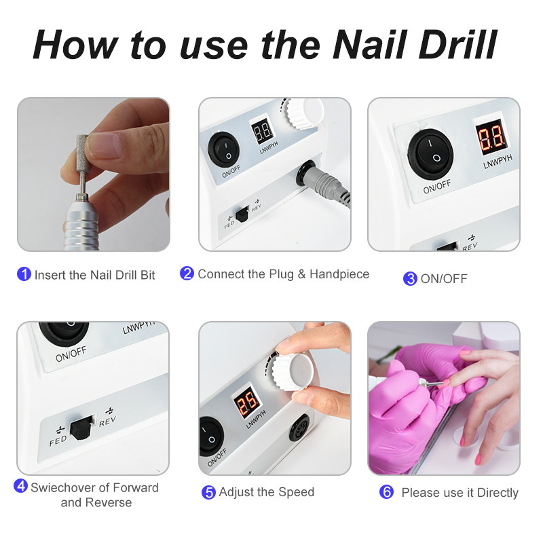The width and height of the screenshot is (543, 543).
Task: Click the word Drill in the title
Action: point(457,45)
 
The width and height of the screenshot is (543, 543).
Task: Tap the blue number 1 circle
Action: point(24,274)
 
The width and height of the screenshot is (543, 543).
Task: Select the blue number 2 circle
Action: point(187,274)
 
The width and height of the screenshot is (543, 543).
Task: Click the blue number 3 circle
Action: point(411,279)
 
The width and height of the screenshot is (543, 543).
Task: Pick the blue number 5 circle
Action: point(208,493)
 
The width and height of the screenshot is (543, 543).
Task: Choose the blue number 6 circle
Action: point(386,491)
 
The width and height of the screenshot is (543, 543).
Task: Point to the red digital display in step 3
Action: point(491,137)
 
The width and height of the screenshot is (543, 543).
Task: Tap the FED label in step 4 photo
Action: point(58,441)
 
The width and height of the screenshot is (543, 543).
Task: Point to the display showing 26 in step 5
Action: point(246,402)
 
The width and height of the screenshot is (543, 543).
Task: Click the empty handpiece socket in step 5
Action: point(299,428)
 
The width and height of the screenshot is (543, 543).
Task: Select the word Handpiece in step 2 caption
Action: point(339,274)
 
